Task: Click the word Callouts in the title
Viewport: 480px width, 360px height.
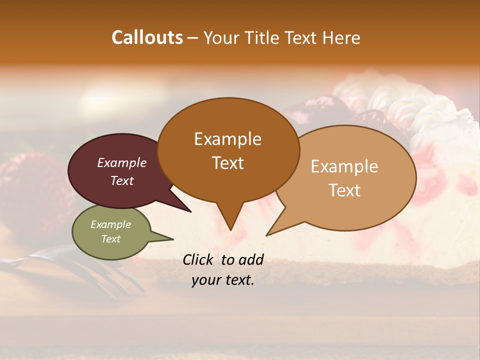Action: click(147, 37)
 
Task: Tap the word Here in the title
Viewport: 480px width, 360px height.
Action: click(341, 38)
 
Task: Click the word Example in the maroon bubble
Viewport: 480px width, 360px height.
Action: click(122, 162)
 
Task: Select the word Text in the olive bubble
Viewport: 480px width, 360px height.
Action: click(111, 239)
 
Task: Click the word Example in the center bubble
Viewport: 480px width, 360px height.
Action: click(227, 138)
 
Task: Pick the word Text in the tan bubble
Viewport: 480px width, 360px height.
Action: click(344, 190)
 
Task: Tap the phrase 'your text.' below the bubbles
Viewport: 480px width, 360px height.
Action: click(223, 280)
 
